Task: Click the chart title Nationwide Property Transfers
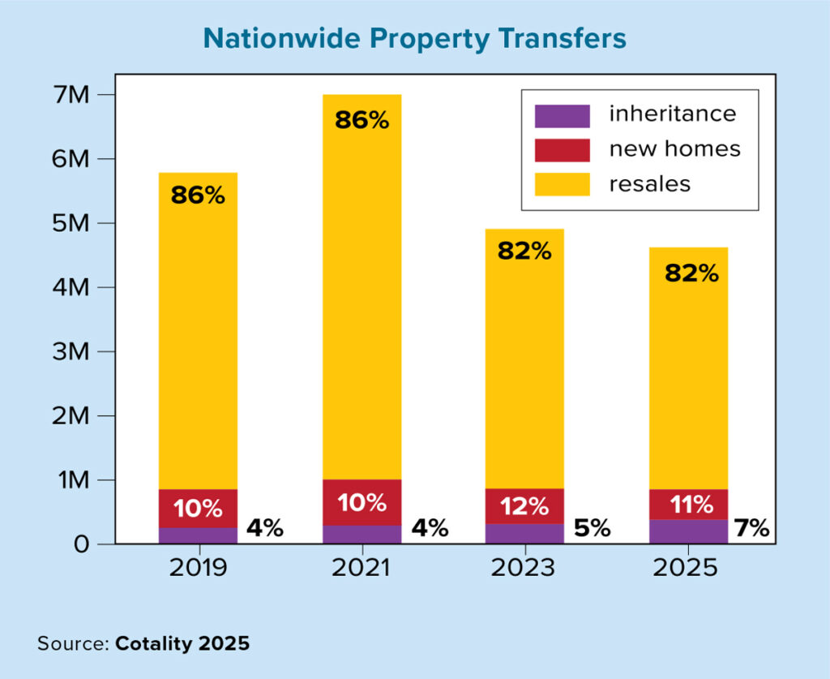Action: [x=414, y=38]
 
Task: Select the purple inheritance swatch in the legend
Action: [x=562, y=115]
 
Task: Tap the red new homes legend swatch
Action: [x=562, y=149]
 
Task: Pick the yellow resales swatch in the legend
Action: [x=562, y=184]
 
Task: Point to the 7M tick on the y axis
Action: [x=71, y=95]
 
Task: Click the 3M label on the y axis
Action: [x=71, y=351]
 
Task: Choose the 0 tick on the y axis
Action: [x=79, y=544]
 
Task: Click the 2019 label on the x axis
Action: [x=198, y=567]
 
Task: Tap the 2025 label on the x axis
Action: [x=687, y=567]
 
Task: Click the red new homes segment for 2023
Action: [x=524, y=506]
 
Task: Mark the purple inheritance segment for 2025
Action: [x=687, y=532]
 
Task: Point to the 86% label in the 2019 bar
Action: [x=198, y=196]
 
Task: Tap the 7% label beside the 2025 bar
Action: [x=751, y=529]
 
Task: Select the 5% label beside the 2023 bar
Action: [x=592, y=529]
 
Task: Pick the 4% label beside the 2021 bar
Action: [x=429, y=529]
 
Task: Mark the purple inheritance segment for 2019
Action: [x=198, y=535]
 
